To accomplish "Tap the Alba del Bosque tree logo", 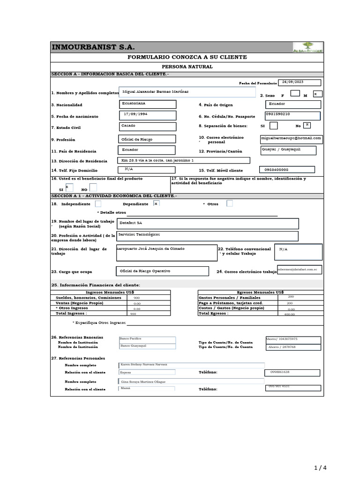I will click(307, 48).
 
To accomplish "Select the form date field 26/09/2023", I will click(300, 82).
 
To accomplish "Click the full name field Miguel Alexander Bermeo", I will click(187, 92).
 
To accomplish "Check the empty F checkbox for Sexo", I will click(295, 94).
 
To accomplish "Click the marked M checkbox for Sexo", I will click(317, 94).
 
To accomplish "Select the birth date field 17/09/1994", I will click(148, 115).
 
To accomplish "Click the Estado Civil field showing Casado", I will click(148, 127).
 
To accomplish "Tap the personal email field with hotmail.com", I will click(291, 139).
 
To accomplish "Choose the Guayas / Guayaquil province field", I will click(288, 150).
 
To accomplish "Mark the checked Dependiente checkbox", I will click(156, 203).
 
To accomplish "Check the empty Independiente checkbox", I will click(98, 203).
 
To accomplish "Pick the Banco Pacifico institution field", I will click(147, 339).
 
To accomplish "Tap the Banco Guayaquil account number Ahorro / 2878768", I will click(293, 347).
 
